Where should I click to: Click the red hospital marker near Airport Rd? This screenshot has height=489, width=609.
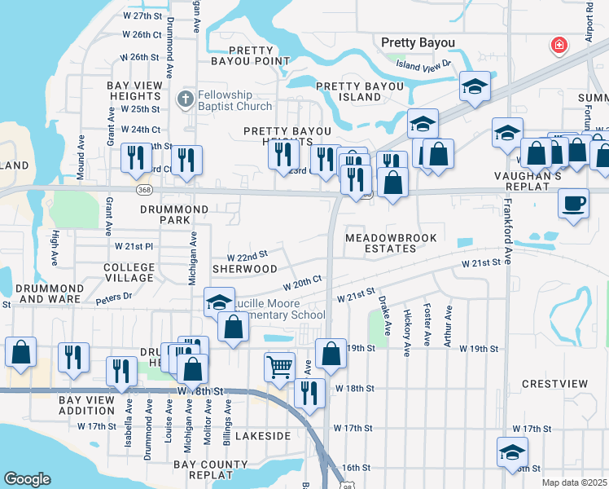click(559, 46)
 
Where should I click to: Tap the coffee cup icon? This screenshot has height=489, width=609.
click(573, 203)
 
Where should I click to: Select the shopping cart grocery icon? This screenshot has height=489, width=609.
click(279, 367)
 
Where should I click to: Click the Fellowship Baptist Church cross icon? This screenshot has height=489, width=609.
click(185, 100)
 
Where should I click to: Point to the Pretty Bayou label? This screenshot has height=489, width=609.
click(418, 42)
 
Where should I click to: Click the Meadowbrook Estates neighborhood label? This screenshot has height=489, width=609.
click(391, 243)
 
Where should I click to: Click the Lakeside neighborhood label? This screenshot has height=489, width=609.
click(262, 436)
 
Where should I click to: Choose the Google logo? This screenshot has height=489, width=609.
click(27, 479)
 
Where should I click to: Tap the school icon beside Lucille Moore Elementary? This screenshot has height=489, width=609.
click(218, 302)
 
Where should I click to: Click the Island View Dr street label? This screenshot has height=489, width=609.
click(423, 64)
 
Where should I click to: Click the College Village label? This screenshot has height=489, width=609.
click(129, 272)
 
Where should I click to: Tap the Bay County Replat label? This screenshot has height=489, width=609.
click(199, 469)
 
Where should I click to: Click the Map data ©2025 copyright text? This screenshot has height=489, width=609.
click(574, 482)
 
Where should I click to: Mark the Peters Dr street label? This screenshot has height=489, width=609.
click(113, 299)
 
